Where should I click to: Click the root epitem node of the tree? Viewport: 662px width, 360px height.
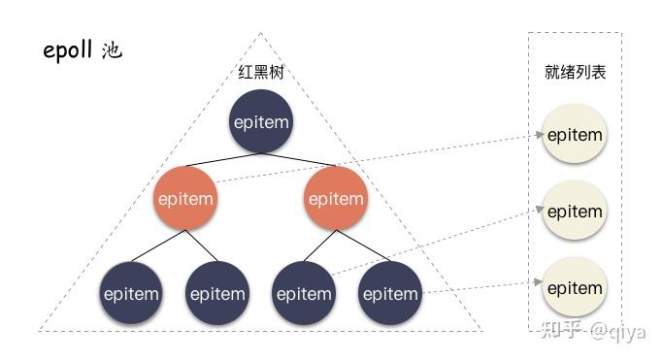coord(261,122)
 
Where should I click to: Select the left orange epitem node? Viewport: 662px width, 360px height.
coord(184,199)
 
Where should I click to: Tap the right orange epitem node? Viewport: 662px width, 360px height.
coord(335,199)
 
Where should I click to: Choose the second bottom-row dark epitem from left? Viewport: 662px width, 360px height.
coord(217,293)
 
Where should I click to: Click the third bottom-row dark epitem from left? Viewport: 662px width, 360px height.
coord(304,293)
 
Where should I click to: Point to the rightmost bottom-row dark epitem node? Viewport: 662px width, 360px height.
coord(389,293)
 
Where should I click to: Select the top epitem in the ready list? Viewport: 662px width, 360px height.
coord(575,136)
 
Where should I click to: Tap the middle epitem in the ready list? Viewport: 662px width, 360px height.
coord(575,212)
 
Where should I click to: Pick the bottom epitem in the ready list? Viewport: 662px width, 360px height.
coord(575,288)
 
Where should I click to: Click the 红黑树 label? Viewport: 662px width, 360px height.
coord(261,72)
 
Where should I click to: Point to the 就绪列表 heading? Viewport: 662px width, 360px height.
coord(575,72)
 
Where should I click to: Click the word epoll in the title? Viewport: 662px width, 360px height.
coord(69,51)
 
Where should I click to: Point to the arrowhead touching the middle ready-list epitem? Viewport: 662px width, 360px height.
coord(538,207)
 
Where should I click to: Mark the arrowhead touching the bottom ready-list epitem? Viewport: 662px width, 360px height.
coord(538,282)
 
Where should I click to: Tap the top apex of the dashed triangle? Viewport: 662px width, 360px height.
coord(260,34)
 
